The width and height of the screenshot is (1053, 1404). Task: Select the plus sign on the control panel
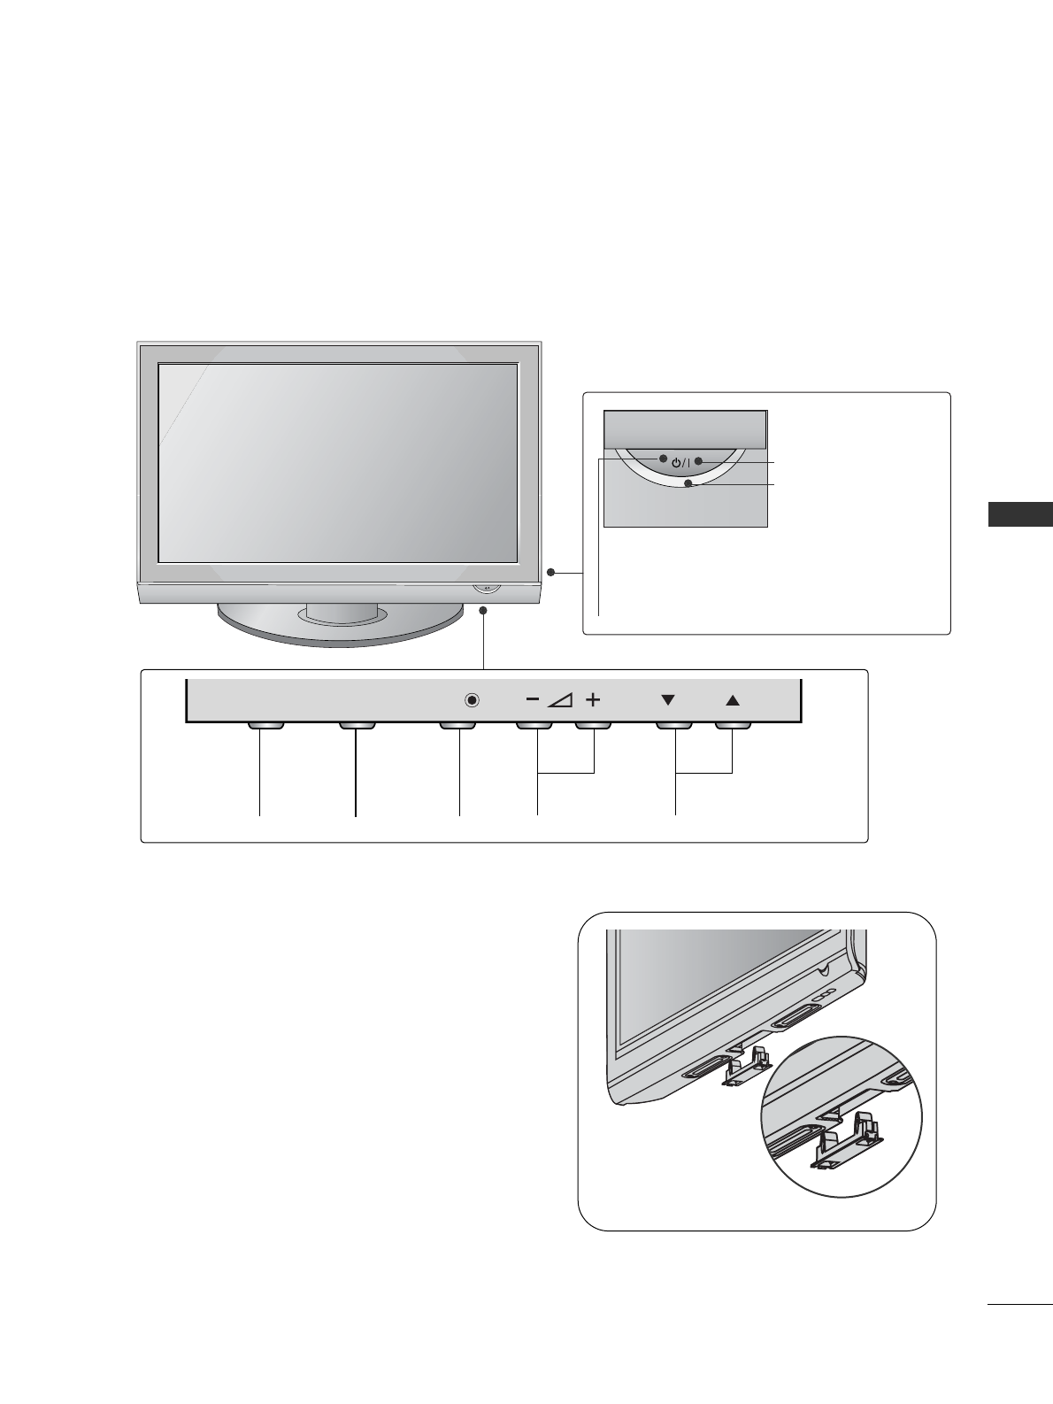click(592, 699)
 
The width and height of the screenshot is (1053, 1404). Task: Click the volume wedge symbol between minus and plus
click(561, 700)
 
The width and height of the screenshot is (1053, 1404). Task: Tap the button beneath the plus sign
click(594, 725)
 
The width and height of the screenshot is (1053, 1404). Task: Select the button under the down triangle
click(673, 725)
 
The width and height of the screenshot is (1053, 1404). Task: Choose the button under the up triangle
click(733, 725)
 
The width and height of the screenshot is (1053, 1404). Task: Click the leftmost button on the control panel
click(264, 725)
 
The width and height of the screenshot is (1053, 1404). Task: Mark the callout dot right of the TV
click(551, 574)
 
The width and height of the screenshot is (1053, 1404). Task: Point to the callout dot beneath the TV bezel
click(484, 611)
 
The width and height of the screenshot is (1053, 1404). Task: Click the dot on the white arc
click(688, 483)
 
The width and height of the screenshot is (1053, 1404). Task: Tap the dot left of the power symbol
click(663, 459)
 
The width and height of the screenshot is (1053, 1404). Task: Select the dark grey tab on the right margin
click(1020, 514)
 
